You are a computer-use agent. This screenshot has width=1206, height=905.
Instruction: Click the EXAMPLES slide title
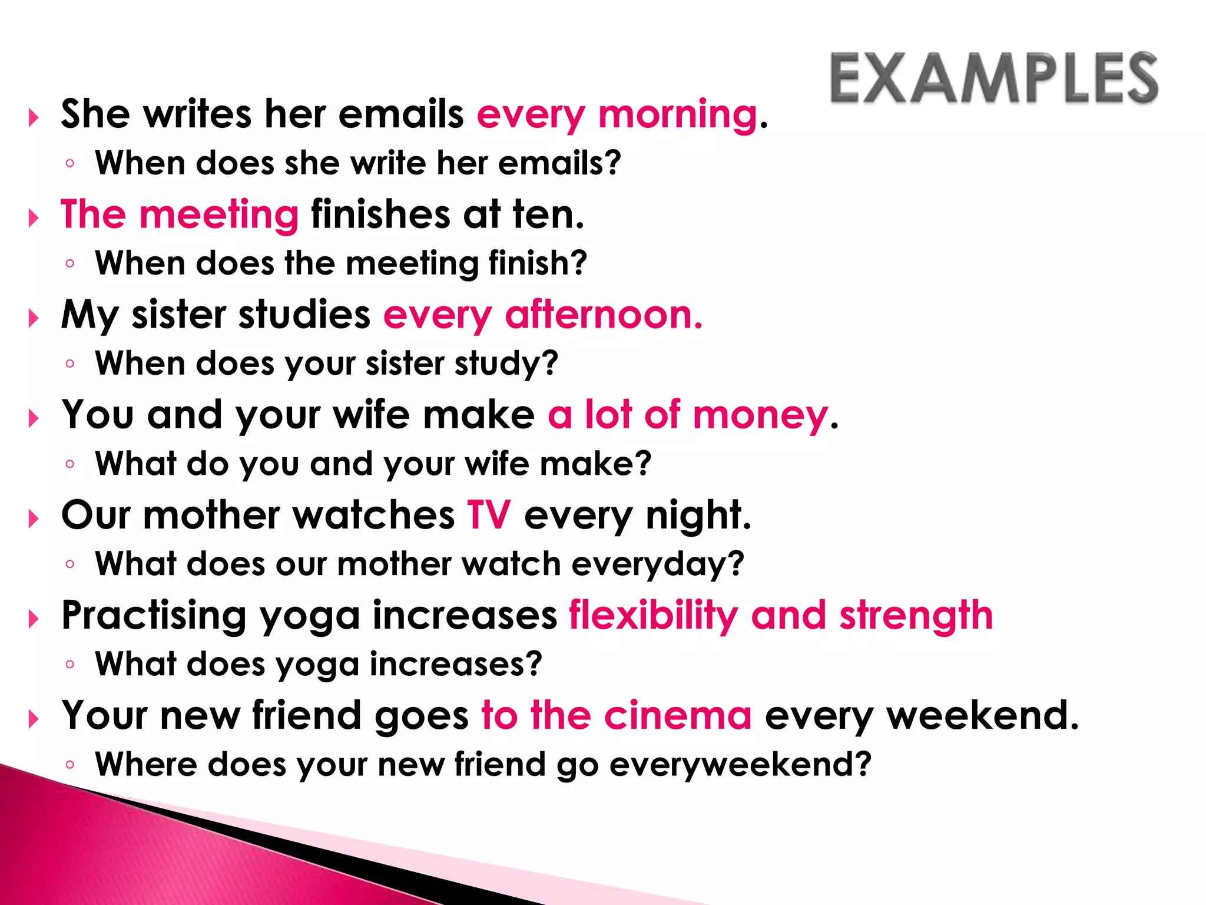[994, 79]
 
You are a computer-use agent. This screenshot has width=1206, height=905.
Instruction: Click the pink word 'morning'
[677, 115]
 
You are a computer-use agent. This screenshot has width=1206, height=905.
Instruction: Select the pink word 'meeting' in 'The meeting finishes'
[219, 215]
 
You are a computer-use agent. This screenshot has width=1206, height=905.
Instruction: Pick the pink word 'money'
[760, 415]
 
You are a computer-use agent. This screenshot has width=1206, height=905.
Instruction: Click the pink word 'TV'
[489, 516]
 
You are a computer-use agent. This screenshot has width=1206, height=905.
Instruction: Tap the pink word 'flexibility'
[652, 616]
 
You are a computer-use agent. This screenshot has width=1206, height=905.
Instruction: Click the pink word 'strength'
[916, 616]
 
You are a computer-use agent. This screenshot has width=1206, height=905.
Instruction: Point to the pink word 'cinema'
[677, 716]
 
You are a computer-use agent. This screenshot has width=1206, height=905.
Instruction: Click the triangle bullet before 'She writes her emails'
[34, 118]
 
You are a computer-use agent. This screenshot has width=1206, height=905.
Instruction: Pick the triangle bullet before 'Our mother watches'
[34, 519]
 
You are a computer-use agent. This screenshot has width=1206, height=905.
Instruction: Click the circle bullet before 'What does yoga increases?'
[70, 665]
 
